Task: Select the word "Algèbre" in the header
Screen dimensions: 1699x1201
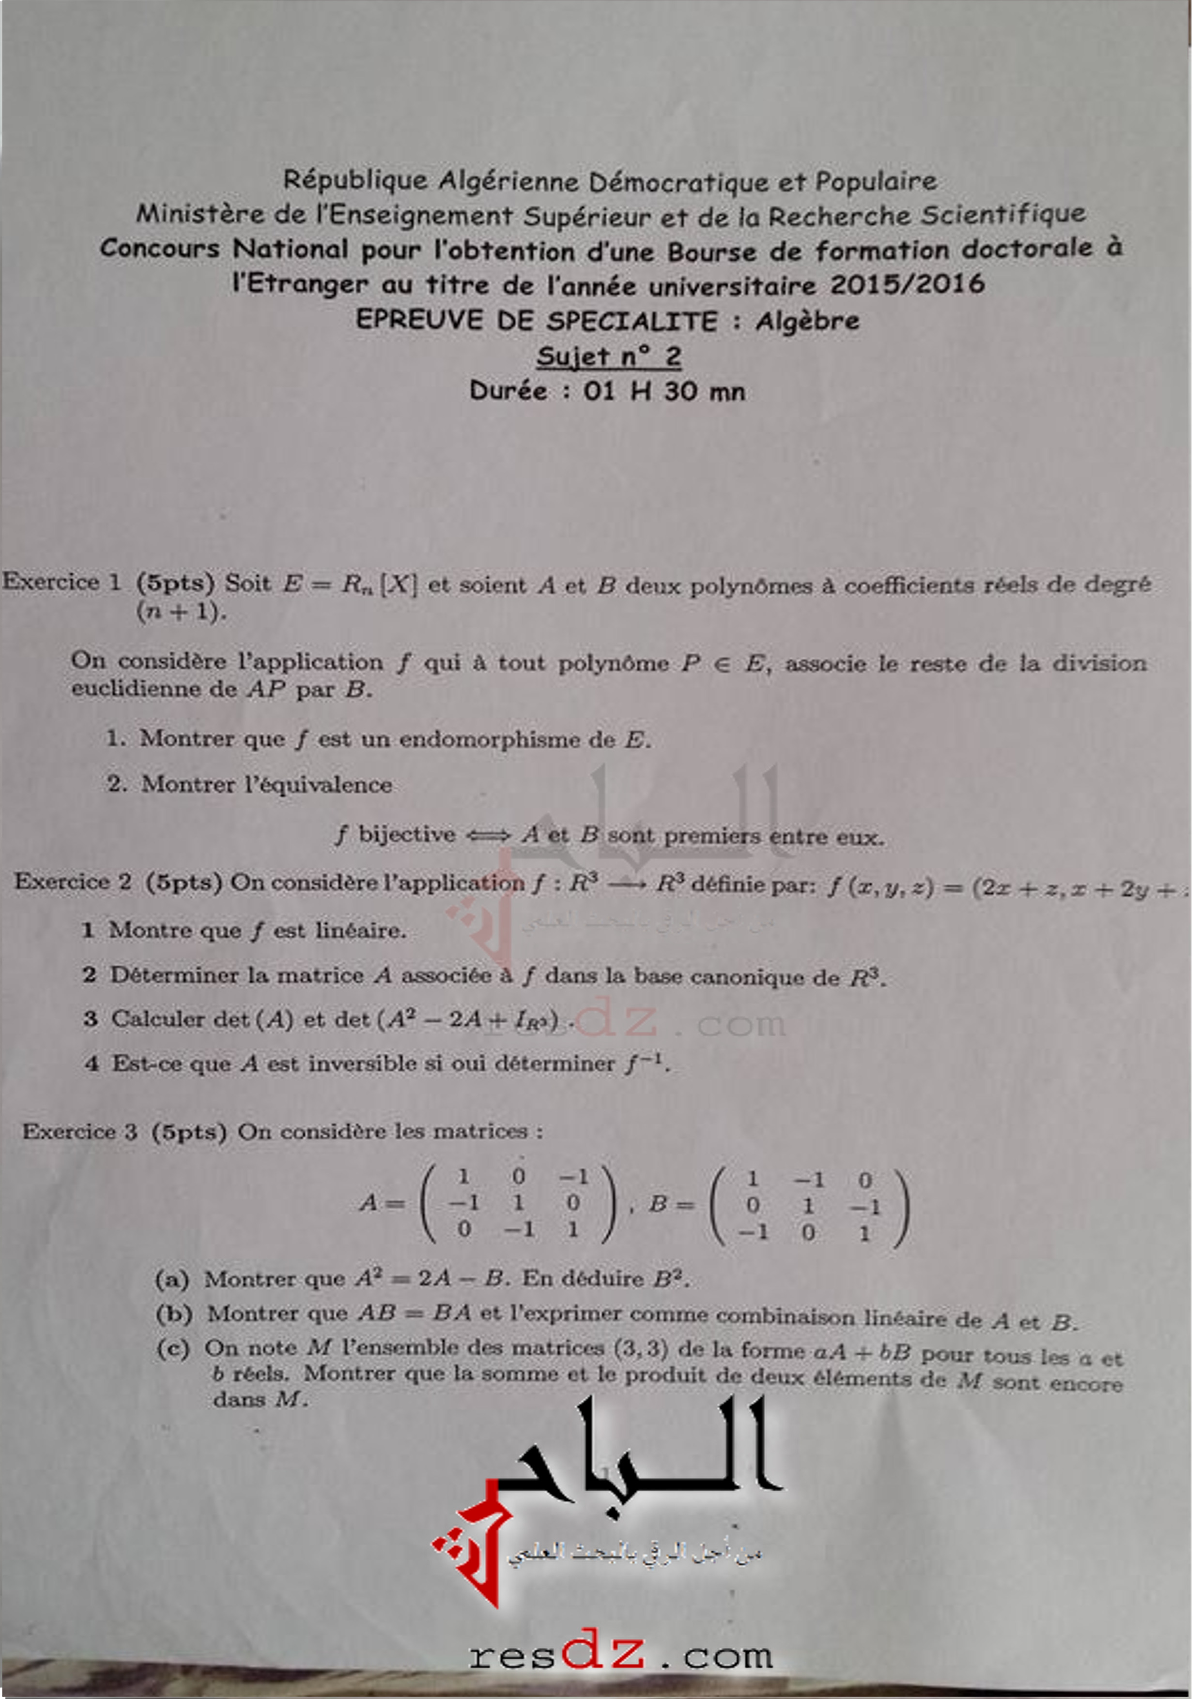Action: (807, 321)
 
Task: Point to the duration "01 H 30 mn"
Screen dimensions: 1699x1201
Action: (664, 391)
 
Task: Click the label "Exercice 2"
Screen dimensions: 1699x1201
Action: (73, 881)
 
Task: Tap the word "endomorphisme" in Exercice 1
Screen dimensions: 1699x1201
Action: (507, 739)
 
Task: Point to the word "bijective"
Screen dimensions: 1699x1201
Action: (406, 834)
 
